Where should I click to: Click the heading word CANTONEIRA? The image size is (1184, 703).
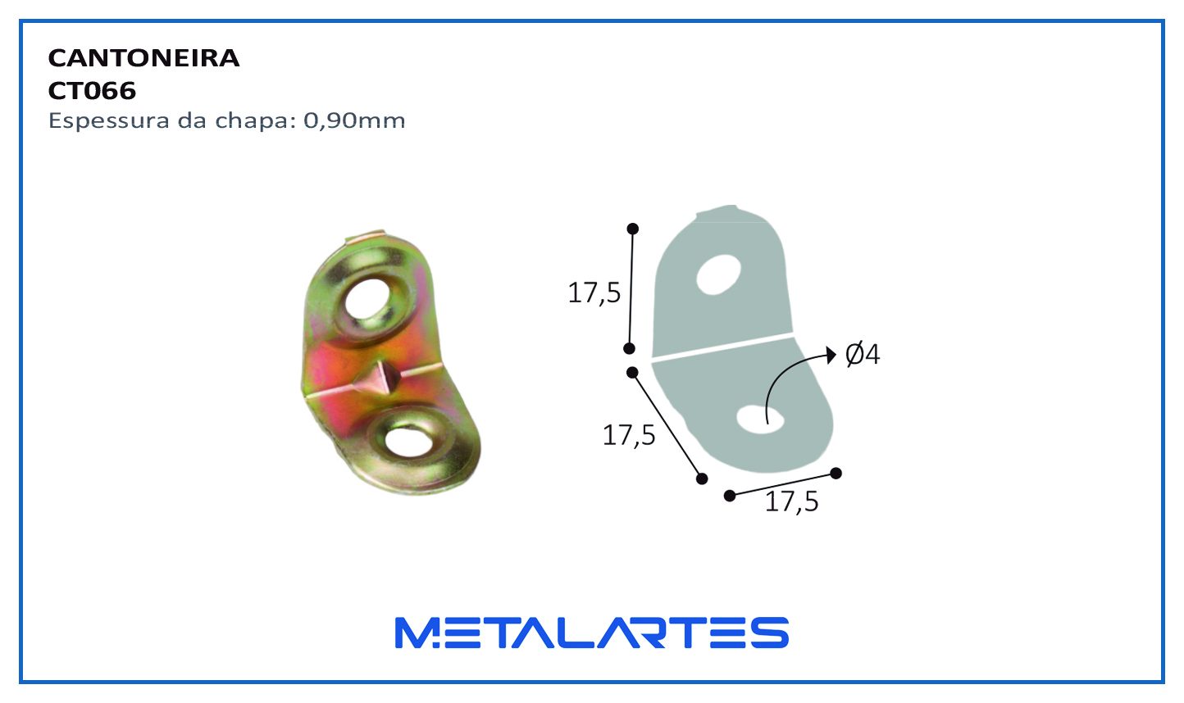tap(143, 58)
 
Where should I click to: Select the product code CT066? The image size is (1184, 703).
tap(92, 91)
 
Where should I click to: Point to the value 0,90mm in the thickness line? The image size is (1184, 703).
tap(354, 121)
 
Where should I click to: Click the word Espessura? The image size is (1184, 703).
tap(109, 122)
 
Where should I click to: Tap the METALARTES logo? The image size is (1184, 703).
tap(592, 633)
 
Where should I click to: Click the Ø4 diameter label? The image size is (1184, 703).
tap(863, 355)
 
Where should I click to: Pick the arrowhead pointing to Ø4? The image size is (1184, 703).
tap(831, 355)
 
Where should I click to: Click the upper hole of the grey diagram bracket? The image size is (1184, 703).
tap(718, 274)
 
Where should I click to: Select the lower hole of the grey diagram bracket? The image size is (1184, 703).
tap(760, 419)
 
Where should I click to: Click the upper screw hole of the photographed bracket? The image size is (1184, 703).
tap(368, 300)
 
